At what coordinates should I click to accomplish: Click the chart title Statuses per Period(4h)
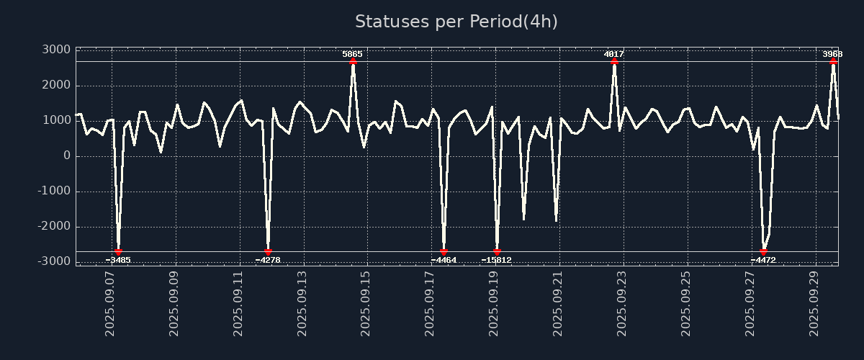[x=456, y=22]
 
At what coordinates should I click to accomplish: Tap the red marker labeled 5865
[x=353, y=62]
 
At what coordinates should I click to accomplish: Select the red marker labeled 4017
[x=614, y=62]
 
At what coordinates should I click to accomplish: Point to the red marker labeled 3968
[x=833, y=62]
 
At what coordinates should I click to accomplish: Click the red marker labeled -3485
[x=118, y=251]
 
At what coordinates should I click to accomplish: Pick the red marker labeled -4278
[x=268, y=251]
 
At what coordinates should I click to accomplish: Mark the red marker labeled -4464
[x=444, y=251]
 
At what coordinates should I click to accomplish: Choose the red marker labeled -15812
[x=497, y=251]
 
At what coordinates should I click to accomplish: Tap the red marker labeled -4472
[x=763, y=251]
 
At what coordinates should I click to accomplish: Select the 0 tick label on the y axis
[x=66, y=156]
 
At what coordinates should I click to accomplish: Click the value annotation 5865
[x=352, y=54]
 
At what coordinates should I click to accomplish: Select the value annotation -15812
[x=496, y=260]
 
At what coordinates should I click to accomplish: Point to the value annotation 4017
[x=613, y=54]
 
